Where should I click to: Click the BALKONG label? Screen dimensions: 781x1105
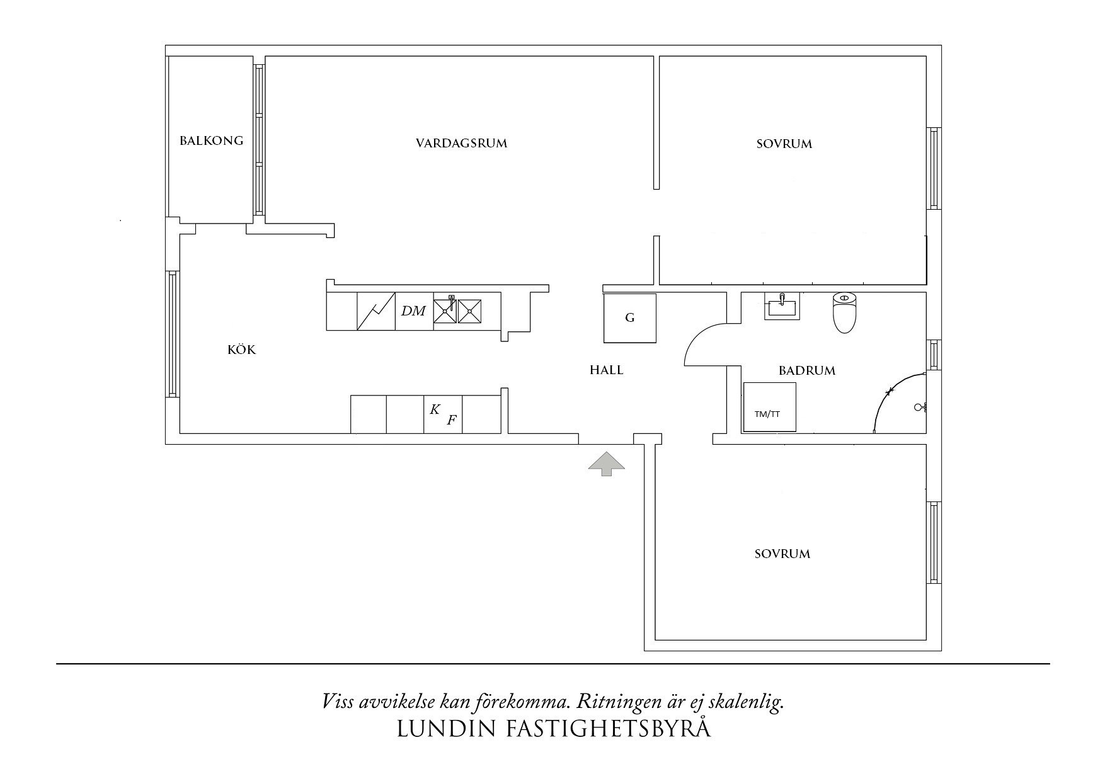point(211,140)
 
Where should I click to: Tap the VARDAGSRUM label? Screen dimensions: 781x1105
point(461,143)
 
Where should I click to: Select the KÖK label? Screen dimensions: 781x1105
point(242,350)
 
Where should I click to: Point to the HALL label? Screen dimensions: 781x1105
point(606,370)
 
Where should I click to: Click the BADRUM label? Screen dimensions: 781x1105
point(807,370)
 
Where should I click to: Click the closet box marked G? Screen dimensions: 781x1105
point(629,318)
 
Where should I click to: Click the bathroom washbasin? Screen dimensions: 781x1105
point(782,306)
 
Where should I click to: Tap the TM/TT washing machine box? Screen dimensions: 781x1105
point(769,408)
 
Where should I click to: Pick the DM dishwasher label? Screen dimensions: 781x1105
point(414,311)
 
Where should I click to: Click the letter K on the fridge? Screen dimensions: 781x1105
point(435,409)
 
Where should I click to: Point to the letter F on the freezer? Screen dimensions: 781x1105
point(451,420)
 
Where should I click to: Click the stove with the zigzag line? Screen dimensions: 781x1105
point(375,311)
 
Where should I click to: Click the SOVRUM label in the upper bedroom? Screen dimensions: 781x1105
point(784,144)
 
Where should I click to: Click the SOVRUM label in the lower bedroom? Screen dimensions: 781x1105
point(782,554)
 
